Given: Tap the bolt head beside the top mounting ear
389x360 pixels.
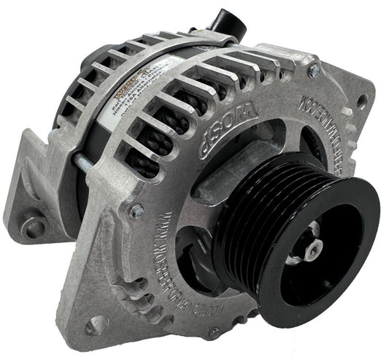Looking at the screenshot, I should click(x=315, y=70).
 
